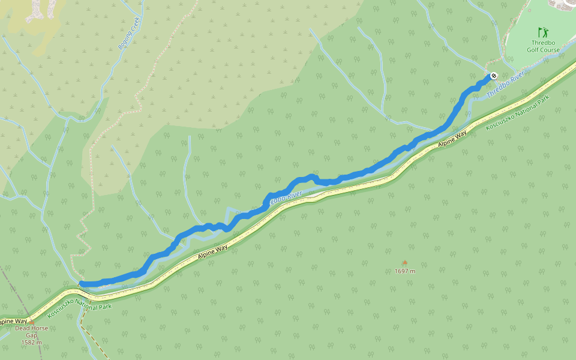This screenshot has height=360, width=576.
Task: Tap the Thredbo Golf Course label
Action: point(543,46)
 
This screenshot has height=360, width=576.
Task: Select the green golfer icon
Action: point(542,32)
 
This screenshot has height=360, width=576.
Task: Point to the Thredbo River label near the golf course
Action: point(505,86)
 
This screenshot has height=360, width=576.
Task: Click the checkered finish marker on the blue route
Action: point(493,76)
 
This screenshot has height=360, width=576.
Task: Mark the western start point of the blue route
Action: point(82,283)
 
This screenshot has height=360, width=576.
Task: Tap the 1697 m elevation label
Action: point(405,271)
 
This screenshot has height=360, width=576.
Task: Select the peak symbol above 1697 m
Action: point(404,263)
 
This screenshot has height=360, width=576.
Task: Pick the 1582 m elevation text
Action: point(31,343)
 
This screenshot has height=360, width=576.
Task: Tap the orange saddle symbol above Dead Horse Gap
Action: point(31,323)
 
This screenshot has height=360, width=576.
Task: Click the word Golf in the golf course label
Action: point(533,50)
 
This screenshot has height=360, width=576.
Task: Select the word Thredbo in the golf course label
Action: point(543,43)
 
